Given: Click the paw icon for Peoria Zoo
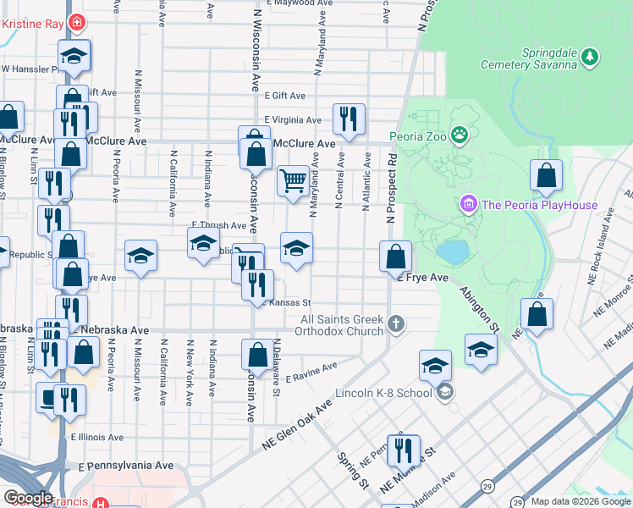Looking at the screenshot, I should tap(459, 135).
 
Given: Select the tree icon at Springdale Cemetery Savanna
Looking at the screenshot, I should tap(590, 57).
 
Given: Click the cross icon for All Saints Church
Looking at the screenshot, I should tap(395, 323).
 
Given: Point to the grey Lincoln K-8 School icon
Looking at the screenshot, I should tap(445, 392).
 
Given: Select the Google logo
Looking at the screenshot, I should tap(27, 498).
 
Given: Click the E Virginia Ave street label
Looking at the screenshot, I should tap(293, 119).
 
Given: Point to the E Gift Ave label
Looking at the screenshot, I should tap(283, 97).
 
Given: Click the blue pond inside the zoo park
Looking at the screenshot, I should tap(453, 251).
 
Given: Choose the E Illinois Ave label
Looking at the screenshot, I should tap(96, 438).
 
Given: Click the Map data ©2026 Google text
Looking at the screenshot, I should tap(580, 501).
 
